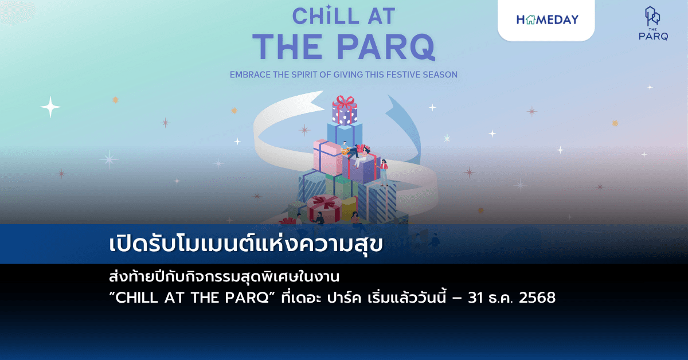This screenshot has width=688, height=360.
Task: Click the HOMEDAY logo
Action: click(547, 19)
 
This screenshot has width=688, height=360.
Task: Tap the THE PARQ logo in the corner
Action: click(653, 24)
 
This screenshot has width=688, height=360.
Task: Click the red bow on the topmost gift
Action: click(345, 103)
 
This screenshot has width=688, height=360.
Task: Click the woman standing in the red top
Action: click(383, 172)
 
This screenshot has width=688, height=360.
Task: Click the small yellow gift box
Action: click(349, 208)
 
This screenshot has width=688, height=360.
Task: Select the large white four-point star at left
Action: click(50, 107)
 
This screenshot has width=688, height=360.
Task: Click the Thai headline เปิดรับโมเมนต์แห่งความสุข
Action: click(245, 244)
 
